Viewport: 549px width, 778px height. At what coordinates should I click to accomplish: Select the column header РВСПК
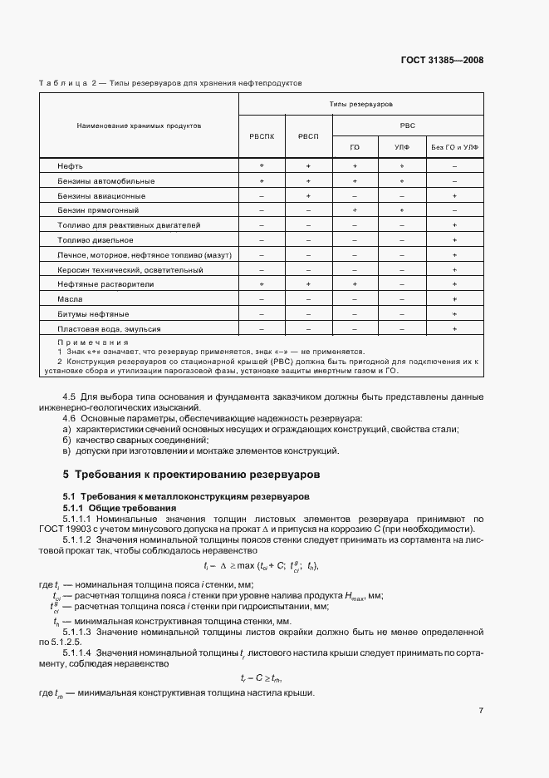pyautogui.click(x=262, y=136)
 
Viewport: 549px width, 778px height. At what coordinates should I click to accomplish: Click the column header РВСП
pyautogui.click(x=308, y=136)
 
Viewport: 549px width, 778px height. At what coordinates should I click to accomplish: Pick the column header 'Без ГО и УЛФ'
pyautogui.click(x=455, y=147)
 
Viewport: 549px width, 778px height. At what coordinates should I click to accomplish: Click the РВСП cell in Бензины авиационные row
pyautogui.click(x=308, y=195)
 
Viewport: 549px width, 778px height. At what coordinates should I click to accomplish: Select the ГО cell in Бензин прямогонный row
pyautogui.click(x=355, y=210)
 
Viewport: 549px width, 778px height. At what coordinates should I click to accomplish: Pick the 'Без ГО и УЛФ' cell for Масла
pyautogui.click(x=455, y=298)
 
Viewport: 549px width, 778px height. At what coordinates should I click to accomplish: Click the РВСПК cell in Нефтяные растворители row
pyautogui.click(x=262, y=283)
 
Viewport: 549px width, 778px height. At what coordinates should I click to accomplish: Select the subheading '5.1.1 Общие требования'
pyautogui.click(x=120, y=507)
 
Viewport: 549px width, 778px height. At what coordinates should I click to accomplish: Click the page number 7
pyautogui.click(x=481, y=710)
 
